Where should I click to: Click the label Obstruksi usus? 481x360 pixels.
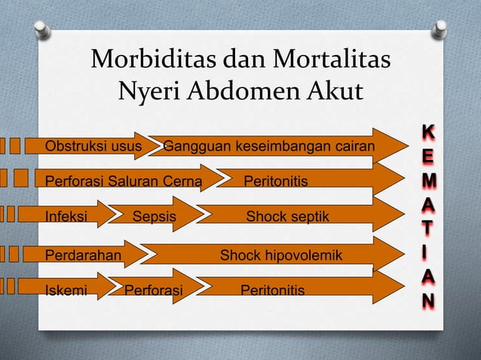[x=88, y=145]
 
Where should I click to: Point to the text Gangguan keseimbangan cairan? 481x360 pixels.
[x=269, y=145]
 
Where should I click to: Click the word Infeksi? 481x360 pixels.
[x=66, y=218]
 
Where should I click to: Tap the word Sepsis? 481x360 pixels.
[x=154, y=218]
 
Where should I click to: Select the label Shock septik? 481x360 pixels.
[x=287, y=218]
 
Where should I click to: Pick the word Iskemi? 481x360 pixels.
[x=66, y=290]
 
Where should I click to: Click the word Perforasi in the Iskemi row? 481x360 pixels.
[x=153, y=290]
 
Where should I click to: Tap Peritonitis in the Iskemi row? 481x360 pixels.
[x=272, y=290]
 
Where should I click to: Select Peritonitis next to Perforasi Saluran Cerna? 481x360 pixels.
[x=276, y=182]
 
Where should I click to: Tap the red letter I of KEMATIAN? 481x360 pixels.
[x=427, y=253]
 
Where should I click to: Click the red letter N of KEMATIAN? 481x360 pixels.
[x=427, y=301]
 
